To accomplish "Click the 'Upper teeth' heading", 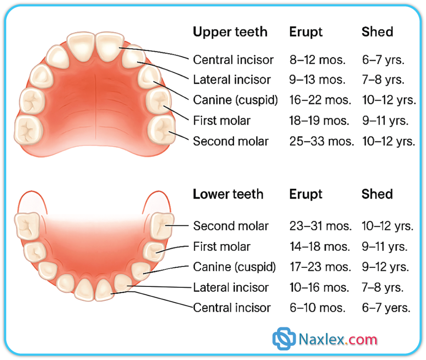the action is tap(230, 32).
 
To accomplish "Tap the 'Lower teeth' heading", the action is tap(228, 194).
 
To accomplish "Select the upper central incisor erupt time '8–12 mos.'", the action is tap(317, 60).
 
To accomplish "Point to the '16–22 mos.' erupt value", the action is tap(320, 100).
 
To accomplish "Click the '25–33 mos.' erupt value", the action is tap(322, 141).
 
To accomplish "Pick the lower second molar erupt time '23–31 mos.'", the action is tap(321, 226).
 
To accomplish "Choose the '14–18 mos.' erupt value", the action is tap(320, 247).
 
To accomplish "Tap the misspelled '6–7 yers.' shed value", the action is tap(386, 308).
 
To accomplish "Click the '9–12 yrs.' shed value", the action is tap(385, 267).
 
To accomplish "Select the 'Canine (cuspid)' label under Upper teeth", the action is tap(235, 100).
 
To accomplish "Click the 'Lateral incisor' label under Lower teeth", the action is tap(231, 287).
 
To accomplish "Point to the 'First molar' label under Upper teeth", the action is tap(222, 121).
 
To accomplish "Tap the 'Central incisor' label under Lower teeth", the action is tap(232, 308).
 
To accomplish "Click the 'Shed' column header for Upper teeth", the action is tap(378, 32).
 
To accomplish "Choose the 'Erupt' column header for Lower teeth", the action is tap(306, 194).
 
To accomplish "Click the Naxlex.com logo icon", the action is tap(284, 339).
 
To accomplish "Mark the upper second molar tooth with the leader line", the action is tap(161, 129).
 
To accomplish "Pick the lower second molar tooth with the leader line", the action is tap(162, 226).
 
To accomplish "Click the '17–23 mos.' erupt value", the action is tap(320, 267).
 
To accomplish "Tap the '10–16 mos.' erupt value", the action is tap(319, 287).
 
